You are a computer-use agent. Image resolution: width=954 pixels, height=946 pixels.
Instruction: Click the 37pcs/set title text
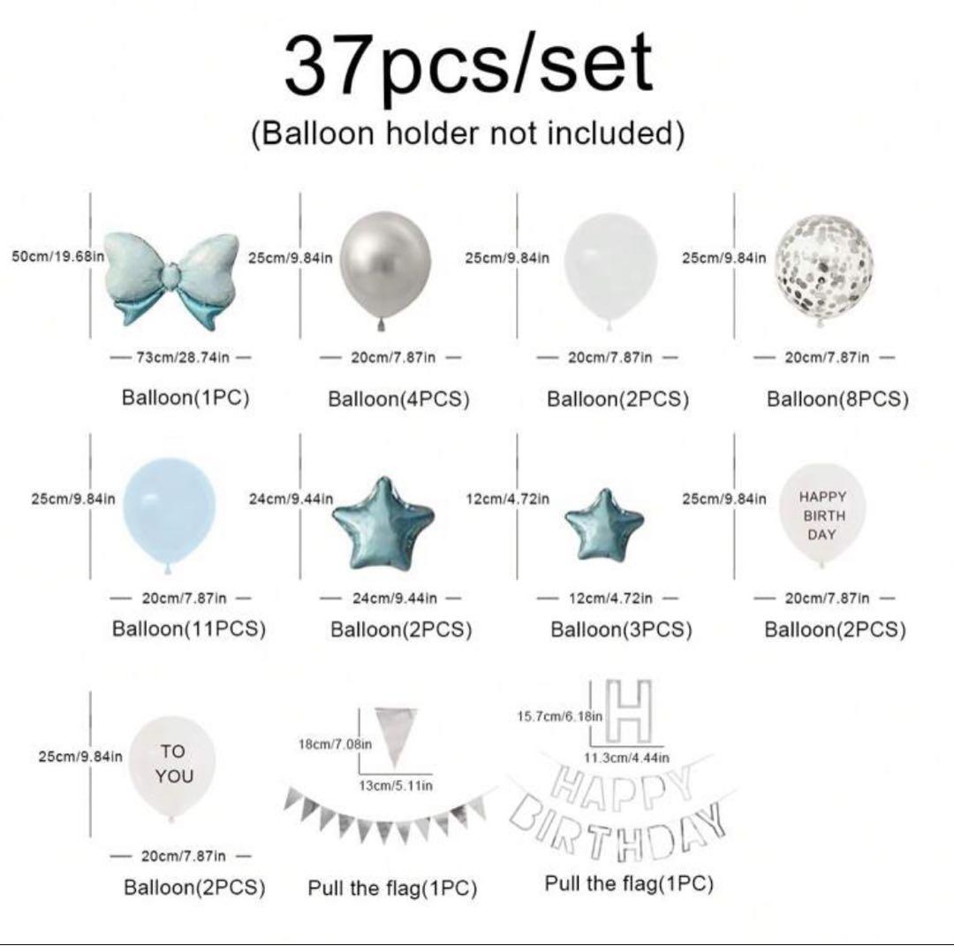(x=468, y=65)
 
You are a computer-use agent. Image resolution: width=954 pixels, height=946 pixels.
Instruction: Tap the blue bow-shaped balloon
(x=171, y=280)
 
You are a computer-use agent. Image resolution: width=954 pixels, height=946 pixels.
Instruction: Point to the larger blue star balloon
(x=383, y=524)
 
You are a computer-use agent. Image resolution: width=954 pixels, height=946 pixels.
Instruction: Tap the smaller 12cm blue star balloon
(x=604, y=526)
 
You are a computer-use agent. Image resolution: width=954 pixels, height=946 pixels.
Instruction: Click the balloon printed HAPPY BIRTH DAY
(x=822, y=515)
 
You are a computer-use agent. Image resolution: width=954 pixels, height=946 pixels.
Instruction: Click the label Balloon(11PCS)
(x=189, y=629)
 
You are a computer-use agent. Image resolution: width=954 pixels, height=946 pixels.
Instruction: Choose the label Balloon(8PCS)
(x=837, y=399)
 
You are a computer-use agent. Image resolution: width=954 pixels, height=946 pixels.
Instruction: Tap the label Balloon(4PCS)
(x=398, y=399)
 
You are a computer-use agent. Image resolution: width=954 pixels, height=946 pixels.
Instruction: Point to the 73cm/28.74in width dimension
(x=182, y=357)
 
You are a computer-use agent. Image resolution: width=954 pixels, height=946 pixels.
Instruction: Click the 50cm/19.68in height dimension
(x=57, y=256)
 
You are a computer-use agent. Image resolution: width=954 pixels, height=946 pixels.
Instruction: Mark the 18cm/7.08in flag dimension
(x=335, y=744)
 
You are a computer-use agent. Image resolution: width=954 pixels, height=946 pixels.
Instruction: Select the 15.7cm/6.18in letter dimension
(x=560, y=716)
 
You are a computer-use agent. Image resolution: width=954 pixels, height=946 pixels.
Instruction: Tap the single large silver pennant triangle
(x=396, y=734)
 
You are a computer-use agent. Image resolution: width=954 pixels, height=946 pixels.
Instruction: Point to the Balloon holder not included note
(x=468, y=133)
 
